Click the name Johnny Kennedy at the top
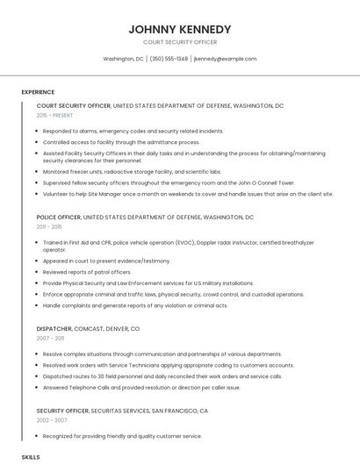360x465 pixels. click(x=179, y=29)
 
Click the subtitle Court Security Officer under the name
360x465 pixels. click(x=179, y=42)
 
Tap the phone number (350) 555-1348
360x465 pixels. click(x=169, y=59)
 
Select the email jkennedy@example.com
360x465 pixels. click(x=225, y=59)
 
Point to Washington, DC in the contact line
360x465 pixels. click(x=123, y=59)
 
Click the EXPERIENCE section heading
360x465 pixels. click(x=38, y=91)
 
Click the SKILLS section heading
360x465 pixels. click(x=31, y=457)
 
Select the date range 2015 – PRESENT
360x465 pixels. click(x=54, y=115)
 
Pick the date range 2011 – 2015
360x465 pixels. click(x=50, y=226)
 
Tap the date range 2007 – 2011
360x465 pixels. click(x=50, y=338)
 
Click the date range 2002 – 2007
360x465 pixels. click(x=51, y=420)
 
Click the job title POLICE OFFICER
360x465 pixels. click(x=58, y=217)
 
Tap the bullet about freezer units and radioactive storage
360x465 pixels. click(x=132, y=172)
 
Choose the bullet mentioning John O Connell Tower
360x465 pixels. click(x=169, y=182)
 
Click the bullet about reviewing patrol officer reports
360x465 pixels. click(x=87, y=272)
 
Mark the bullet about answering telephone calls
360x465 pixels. click(x=140, y=387)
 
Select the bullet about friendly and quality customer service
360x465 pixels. click(x=122, y=436)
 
